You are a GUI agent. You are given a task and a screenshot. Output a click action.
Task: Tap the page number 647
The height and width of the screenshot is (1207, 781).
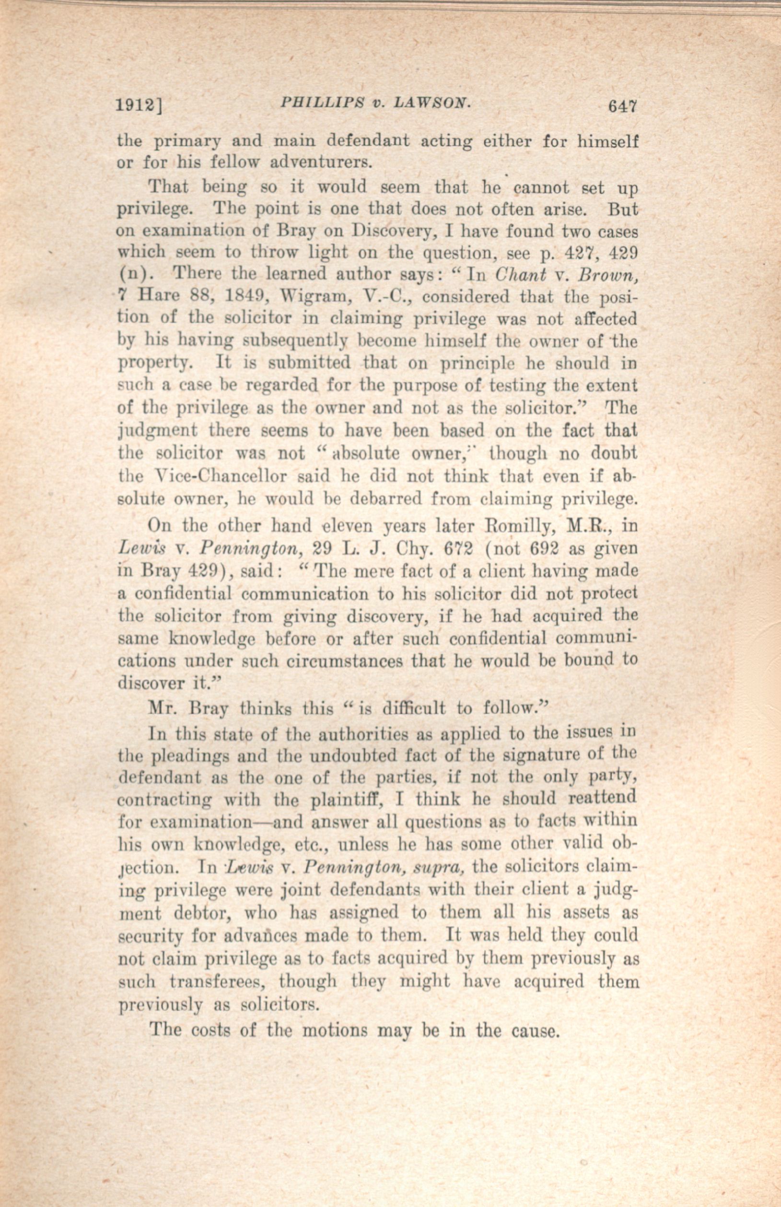point(622,107)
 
